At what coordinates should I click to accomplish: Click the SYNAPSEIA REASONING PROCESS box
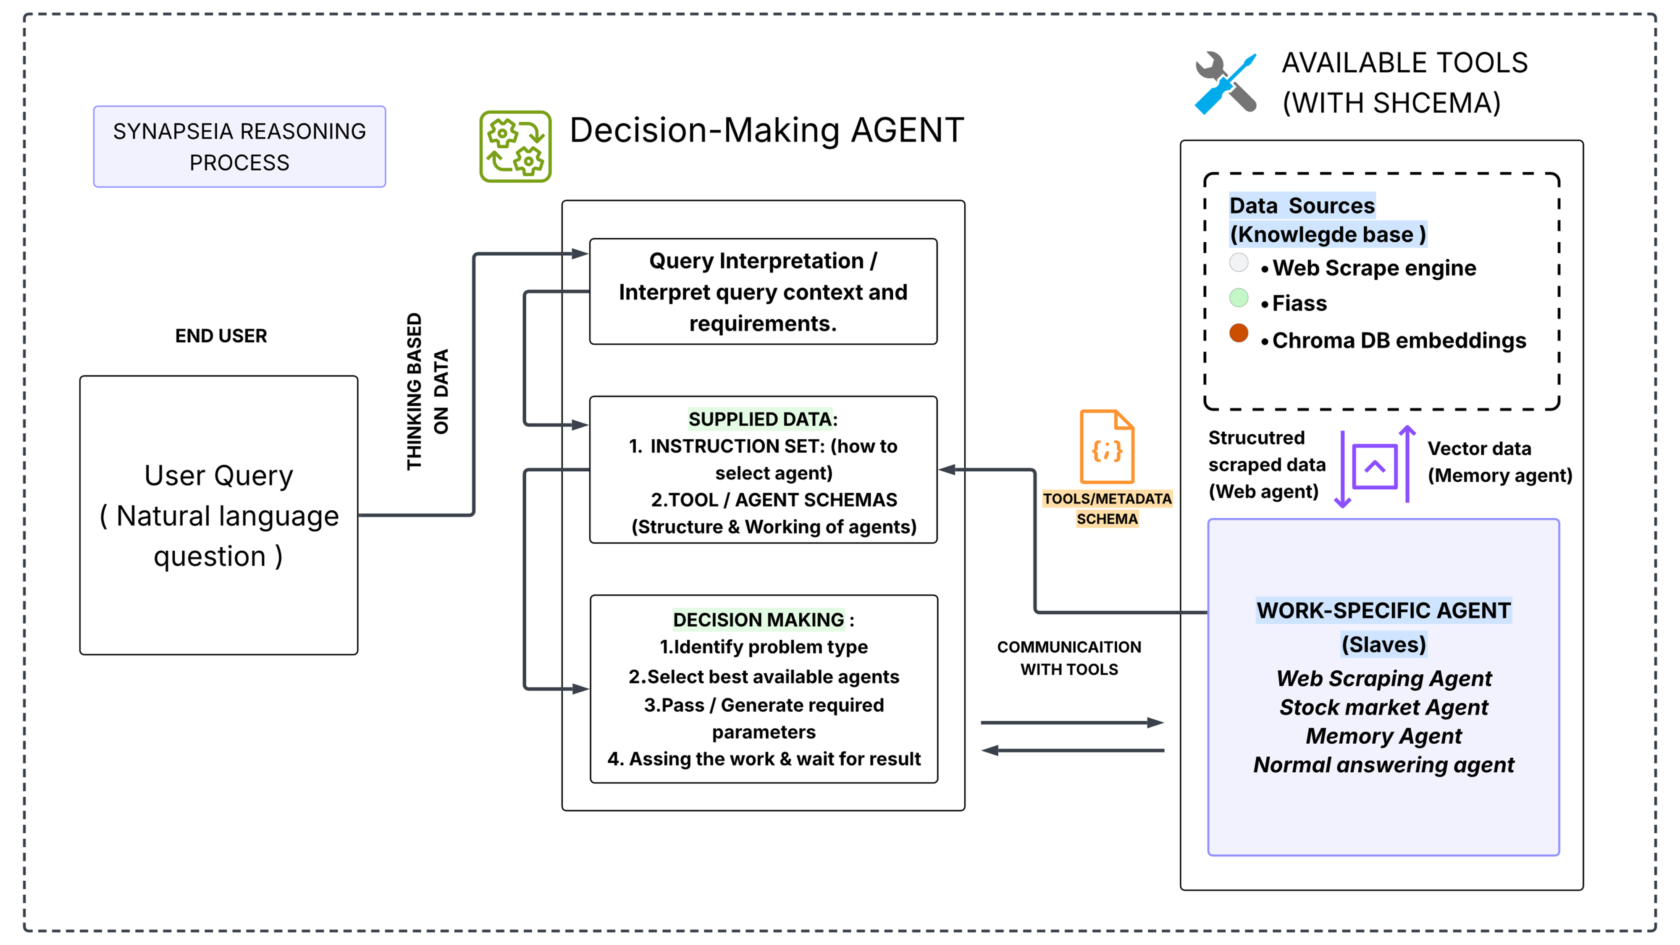click(x=239, y=147)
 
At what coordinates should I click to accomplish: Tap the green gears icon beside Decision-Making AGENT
click(x=515, y=146)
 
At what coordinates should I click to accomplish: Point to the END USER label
click(x=221, y=336)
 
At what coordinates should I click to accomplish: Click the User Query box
click(x=218, y=515)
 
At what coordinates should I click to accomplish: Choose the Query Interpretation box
click(x=763, y=291)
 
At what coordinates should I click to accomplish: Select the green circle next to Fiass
click(x=1239, y=297)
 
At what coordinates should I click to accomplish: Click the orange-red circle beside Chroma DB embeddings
click(x=1239, y=333)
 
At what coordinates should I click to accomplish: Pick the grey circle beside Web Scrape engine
click(x=1239, y=262)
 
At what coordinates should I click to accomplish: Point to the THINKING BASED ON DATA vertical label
click(x=427, y=391)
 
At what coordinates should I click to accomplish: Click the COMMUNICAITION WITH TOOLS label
click(x=1069, y=658)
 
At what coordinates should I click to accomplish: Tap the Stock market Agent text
click(x=1383, y=707)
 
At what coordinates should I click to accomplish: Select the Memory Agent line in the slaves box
click(x=1383, y=736)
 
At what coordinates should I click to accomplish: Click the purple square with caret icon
click(x=1375, y=466)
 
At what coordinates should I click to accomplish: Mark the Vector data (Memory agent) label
click(x=1500, y=462)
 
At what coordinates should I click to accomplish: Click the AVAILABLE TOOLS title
click(x=1405, y=83)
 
